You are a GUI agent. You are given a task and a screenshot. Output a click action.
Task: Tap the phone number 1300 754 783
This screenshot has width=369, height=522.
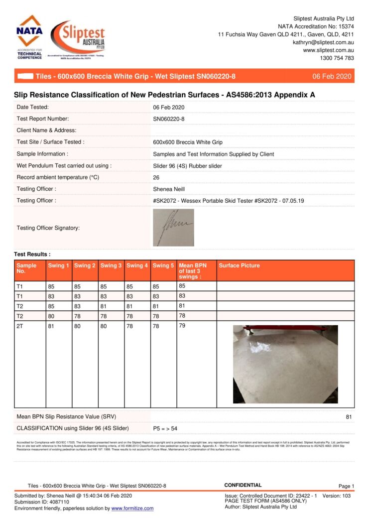coord(337,58)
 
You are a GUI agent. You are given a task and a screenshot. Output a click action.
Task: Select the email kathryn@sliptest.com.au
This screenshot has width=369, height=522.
coord(323,42)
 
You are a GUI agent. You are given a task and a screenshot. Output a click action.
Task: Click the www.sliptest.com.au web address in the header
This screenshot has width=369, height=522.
coord(328,50)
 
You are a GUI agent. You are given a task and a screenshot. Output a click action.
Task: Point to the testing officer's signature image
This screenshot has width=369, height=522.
coord(173,228)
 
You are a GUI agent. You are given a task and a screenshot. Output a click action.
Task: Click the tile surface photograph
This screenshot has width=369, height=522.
coord(285,364)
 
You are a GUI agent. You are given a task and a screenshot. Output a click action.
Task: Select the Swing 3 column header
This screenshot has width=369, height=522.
coord(111,266)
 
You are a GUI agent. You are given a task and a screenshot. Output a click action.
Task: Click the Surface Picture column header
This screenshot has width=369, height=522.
coord(239,266)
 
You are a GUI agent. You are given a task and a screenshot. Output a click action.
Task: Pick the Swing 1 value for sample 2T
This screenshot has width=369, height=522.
coord(51,327)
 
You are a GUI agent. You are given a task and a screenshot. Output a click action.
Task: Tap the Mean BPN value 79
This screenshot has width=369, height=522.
coord(182,327)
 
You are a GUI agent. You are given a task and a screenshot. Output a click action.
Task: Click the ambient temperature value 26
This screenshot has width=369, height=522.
coord(156,177)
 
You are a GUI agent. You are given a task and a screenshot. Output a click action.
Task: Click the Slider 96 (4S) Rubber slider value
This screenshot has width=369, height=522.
coord(187,166)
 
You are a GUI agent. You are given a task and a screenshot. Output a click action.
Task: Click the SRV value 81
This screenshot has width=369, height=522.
coord(349,416)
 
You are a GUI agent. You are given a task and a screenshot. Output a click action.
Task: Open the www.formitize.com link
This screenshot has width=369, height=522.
coord(132,509)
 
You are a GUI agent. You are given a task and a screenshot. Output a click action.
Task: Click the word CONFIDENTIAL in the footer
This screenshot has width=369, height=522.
coord(243,485)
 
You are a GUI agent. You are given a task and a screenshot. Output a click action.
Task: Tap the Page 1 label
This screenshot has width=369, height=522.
coord(346,486)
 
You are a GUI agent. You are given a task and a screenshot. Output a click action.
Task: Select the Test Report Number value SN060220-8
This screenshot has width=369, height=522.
coord(169,119)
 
